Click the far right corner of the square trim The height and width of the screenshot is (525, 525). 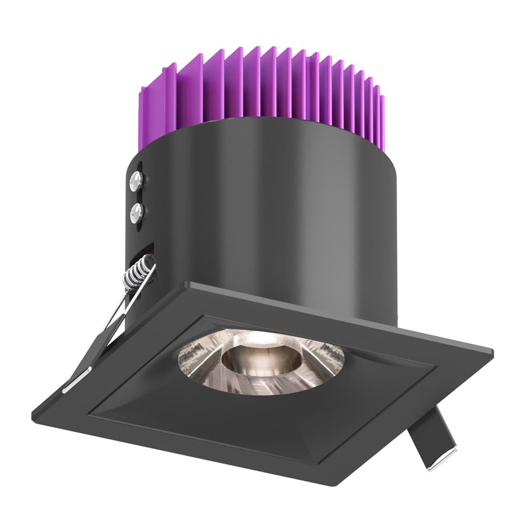[492, 351]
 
